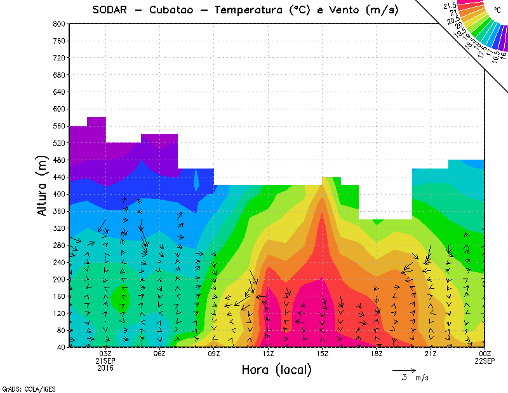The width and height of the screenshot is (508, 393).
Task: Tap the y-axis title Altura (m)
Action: [x=43, y=185]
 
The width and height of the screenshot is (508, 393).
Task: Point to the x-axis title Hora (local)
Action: [x=276, y=370]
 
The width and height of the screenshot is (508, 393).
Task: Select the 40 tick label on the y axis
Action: [x=62, y=347]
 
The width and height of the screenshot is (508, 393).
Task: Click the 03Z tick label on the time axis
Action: [x=105, y=354]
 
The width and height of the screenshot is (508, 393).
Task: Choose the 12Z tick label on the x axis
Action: [x=268, y=354]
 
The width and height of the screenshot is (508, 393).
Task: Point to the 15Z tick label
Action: [x=323, y=354]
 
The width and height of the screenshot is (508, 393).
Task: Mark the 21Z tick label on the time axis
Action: [x=431, y=354]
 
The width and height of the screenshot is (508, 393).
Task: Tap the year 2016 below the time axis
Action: [x=105, y=368]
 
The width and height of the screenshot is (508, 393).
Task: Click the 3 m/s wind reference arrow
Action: [x=404, y=369]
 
